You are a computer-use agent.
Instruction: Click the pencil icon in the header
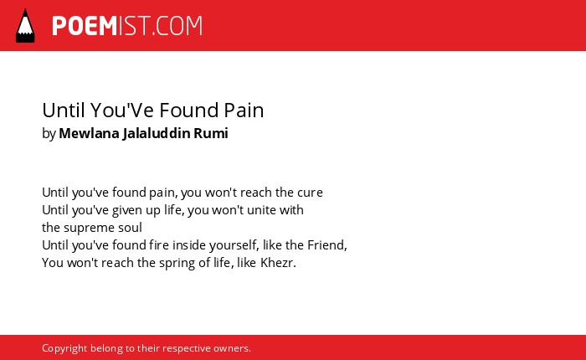click(25, 26)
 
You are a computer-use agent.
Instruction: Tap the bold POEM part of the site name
click(85, 26)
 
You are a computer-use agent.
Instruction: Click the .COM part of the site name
click(177, 26)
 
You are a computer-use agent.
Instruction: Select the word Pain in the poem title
click(244, 111)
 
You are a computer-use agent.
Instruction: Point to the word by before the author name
click(49, 133)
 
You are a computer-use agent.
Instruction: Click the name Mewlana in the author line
click(89, 133)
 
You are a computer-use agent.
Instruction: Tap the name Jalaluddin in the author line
click(157, 133)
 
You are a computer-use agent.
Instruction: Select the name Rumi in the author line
click(211, 133)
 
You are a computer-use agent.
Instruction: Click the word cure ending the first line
click(310, 193)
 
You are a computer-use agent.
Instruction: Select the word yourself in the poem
click(234, 245)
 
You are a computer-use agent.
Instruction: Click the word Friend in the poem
click(327, 245)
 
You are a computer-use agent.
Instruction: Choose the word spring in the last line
click(177, 264)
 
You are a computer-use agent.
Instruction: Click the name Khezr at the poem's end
click(278, 263)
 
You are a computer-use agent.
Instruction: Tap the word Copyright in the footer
click(64, 348)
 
